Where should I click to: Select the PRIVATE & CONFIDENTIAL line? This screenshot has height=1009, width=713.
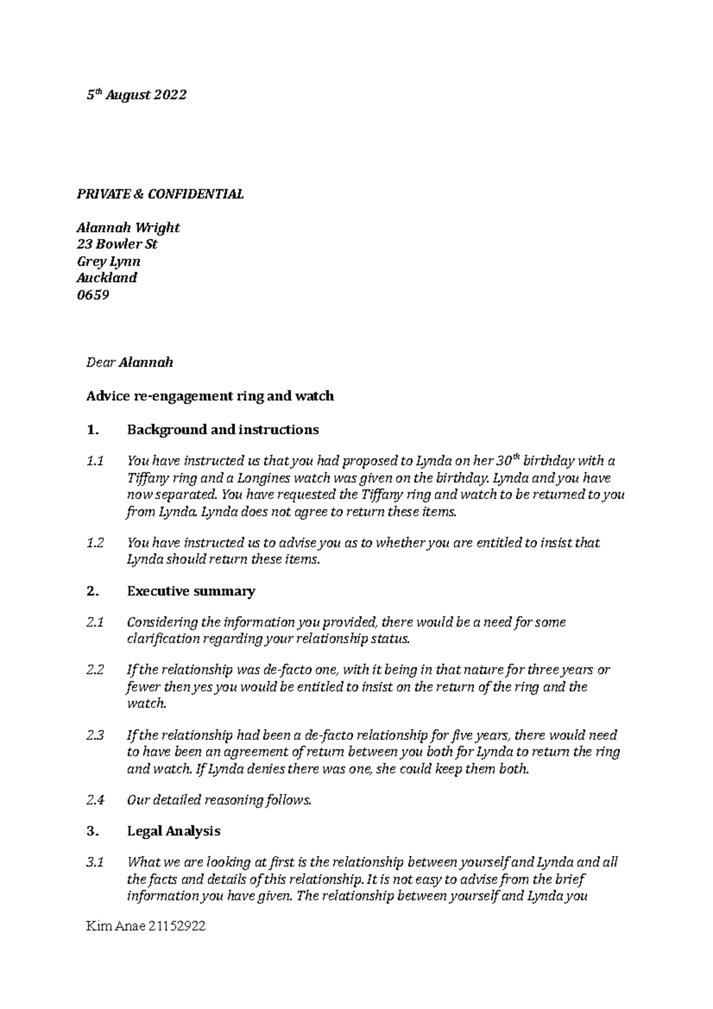point(160,194)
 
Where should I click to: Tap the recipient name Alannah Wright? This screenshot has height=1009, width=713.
point(128,228)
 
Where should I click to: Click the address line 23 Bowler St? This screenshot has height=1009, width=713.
point(117,244)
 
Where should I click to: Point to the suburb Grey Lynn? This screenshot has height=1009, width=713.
point(109,261)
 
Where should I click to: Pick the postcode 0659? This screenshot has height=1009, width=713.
point(93,295)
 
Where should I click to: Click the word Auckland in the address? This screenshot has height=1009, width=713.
point(107,278)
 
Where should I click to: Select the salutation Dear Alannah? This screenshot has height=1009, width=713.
point(130,362)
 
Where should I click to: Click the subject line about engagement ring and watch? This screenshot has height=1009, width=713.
point(210,396)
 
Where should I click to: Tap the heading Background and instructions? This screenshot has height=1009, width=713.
point(223,430)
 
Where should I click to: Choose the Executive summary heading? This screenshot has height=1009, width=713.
point(191,591)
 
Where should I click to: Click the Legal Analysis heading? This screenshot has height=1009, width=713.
point(173,831)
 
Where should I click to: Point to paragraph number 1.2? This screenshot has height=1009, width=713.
point(95,543)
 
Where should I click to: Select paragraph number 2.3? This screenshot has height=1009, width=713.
point(95,735)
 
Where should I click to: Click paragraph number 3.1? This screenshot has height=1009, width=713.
point(95,862)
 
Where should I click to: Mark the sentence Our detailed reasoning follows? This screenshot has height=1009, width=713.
point(219,800)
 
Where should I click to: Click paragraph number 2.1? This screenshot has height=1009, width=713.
point(95,623)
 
